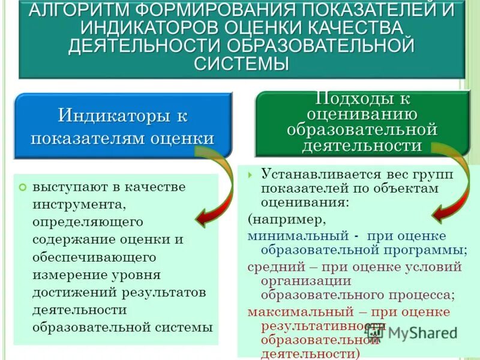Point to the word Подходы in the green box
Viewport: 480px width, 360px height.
point(353,99)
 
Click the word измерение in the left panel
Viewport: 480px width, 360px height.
point(71,275)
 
